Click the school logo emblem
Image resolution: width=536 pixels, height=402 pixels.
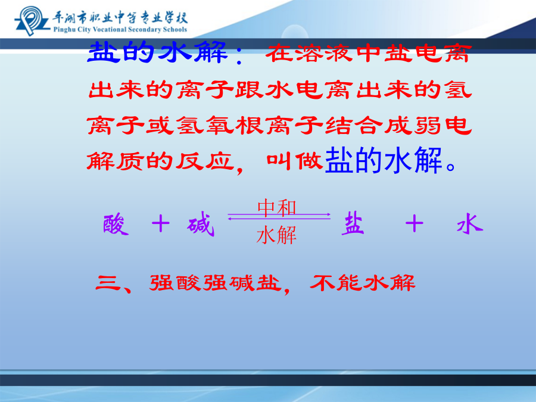(32, 20)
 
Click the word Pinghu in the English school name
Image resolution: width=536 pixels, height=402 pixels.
(64, 30)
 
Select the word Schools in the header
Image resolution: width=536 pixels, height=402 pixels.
(174, 29)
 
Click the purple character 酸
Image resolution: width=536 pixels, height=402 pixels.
(116, 225)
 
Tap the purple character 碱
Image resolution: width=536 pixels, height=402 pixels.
(201, 225)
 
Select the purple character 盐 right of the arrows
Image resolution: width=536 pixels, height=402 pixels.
(353, 223)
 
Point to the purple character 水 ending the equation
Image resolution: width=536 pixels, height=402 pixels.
(470, 224)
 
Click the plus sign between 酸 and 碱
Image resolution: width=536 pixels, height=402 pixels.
(161, 224)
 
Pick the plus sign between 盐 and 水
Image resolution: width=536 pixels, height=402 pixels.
(415, 224)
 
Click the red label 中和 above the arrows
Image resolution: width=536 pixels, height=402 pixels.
(276, 207)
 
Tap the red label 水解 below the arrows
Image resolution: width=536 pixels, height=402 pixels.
(276, 235)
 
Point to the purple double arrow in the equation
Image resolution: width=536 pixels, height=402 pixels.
(279, 216)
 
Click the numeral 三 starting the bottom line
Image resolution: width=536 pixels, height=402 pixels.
(108, 283)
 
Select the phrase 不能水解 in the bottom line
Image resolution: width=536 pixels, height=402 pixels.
(362, 283)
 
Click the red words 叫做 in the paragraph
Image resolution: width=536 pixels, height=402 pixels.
(295, 160)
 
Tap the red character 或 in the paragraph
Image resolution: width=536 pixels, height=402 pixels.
(158, 125)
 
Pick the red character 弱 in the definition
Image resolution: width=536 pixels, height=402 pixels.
(428, 125)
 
